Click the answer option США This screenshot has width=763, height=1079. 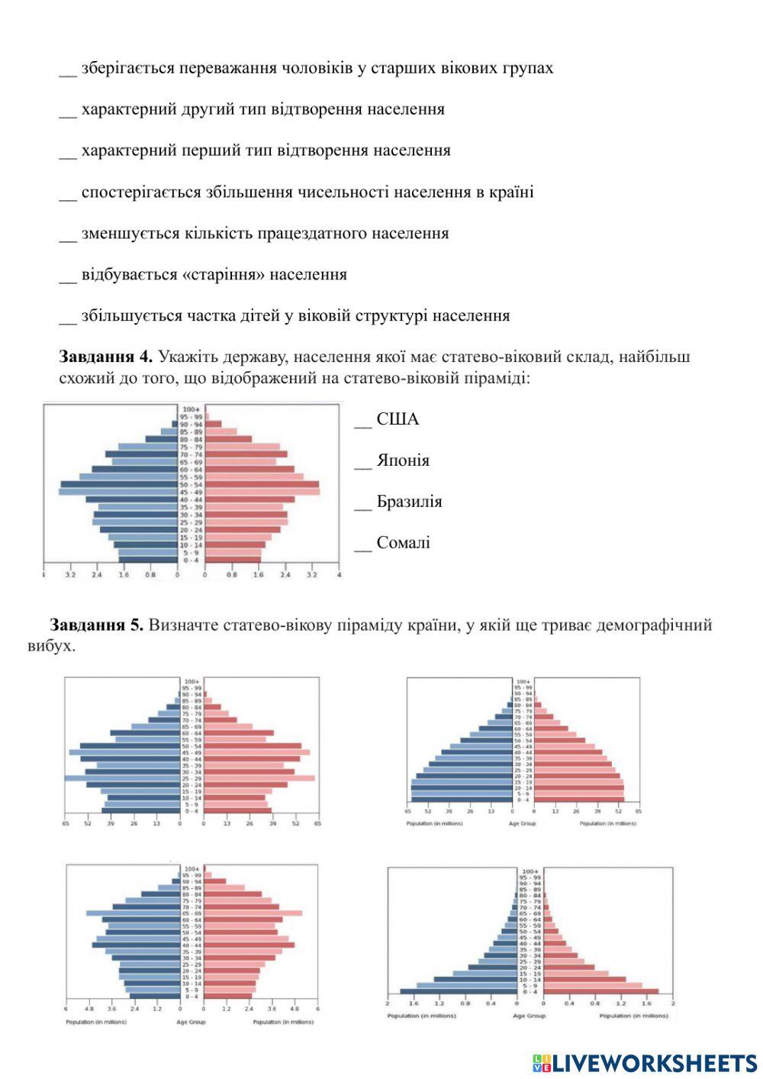point(397,419)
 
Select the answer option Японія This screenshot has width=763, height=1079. point(402,460)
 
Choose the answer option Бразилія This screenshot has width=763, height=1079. point(409,502)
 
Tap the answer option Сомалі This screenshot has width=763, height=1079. point(403,543)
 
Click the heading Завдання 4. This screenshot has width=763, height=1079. point(105,357)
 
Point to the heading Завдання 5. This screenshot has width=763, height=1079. point(96,625)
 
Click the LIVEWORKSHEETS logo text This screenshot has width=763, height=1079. point(654,1062)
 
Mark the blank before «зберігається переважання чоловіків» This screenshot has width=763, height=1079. point(68,69)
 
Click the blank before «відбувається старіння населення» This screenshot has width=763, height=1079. point(68,276)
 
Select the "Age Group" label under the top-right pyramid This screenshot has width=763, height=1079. point(522,823)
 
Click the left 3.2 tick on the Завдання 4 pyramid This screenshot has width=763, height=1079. point(70,574)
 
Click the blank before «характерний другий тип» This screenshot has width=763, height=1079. point(68,111)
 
